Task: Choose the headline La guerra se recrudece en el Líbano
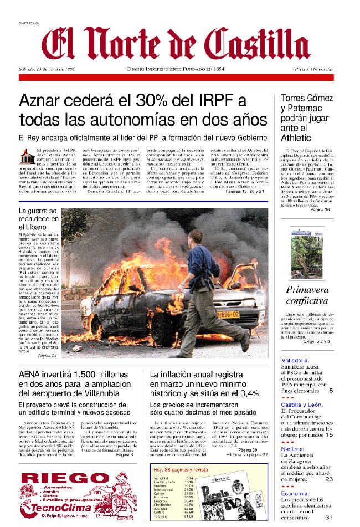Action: pos(38,219)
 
